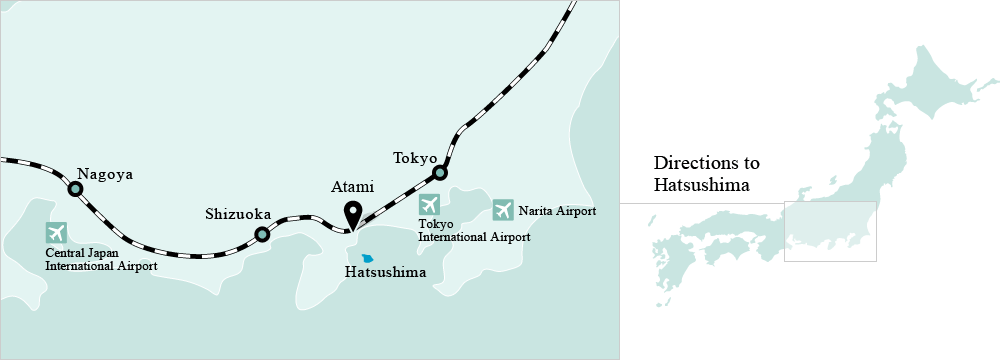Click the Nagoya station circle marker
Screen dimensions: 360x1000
(x=75, y=188)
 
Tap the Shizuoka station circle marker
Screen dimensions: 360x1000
(x=262, y=235)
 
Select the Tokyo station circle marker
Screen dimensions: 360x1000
(x=438, y=174)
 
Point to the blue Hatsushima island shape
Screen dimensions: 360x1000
(x=368, y=257)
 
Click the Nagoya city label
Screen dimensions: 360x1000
(x=105, y=174)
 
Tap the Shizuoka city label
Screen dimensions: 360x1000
(x=238, y=213)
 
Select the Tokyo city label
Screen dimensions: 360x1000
(x=415, y=158)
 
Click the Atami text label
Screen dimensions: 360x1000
(x=352, y=187)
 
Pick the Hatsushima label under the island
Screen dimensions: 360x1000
(x=385, y=272)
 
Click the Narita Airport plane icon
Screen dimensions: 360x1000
(x=503, y=209)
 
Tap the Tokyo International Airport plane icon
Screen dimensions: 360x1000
(x=429, y=205)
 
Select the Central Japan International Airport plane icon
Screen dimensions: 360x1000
(x=56, y=233)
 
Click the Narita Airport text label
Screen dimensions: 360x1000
(x=557, y=211)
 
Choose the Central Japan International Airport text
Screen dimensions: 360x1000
(x=101, y=260)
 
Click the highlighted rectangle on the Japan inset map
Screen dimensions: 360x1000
(x=830, y=231)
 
